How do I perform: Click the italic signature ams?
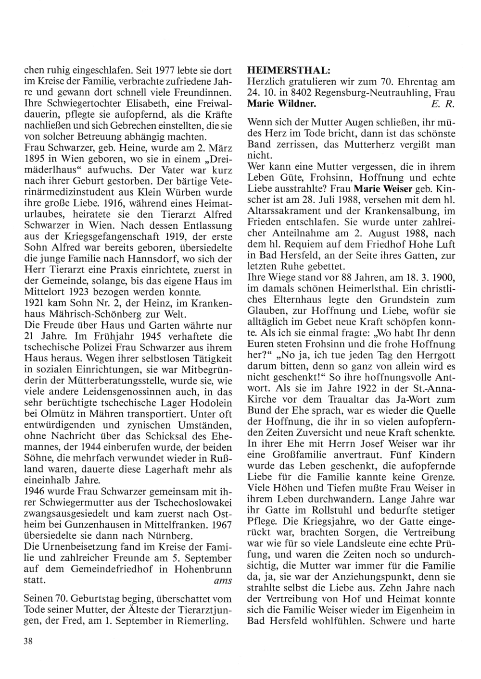222,580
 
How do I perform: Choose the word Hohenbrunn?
205,568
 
